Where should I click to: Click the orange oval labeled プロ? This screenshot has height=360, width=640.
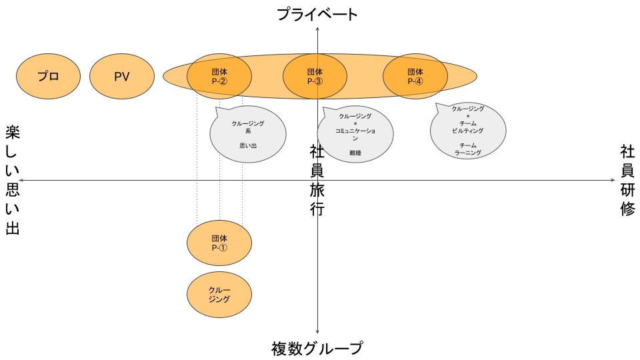[x=48, y=76]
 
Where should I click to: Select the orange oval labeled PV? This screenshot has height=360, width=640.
[x=121, y=76]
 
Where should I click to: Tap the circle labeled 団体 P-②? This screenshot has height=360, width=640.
[x=219, y=76]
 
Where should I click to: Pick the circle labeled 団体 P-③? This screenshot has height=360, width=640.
[x=315, y=76]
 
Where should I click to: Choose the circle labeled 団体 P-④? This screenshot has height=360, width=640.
[x=415, y=76]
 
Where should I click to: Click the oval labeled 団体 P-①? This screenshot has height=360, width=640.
[x=219, y=242]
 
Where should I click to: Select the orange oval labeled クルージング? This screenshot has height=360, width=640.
[x=219, y=295]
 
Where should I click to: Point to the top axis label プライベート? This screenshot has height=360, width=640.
[x=318, y=14]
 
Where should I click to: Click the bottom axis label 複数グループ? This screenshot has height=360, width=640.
[x=317, y=349]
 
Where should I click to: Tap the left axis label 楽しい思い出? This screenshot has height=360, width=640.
[x=13, y=180]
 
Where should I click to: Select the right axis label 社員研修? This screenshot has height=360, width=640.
[x=627, y=180]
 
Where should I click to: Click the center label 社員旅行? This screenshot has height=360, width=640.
[x=317, y=180]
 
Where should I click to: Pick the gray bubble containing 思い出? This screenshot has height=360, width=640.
[x=247, y=134]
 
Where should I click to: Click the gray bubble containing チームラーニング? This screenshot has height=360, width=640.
[x=467, y=131]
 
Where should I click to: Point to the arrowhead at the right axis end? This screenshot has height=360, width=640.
[x=613, y=180]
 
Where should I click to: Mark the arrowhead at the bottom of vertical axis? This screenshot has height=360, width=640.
[x=318, y=331]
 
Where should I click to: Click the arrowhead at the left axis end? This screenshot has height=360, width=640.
[x=22, y=180]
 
